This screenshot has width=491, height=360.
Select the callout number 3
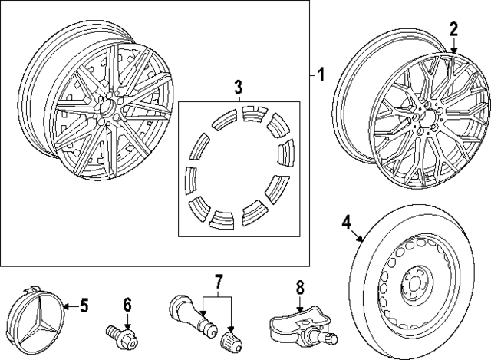point(239,84)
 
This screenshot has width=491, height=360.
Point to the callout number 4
point(346,223)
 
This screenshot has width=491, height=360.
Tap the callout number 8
point(300,288)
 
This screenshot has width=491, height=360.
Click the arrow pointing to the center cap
point(66,308)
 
